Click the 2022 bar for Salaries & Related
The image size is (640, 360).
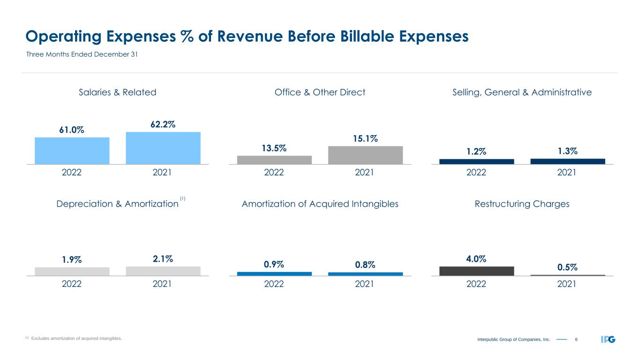pyautogui.click(x=72, y=150)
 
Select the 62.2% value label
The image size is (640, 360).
pyautogui.click(x=163, y=124)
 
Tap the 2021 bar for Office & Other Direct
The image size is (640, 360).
pyautogui.click(x=365, y=155)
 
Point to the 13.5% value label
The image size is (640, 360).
pyautogui.click(x=274, y=148)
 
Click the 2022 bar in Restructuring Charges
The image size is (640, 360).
pyautogui.click(x=476, y=271)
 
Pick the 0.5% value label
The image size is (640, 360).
pyautogui.click(x=567, y=267)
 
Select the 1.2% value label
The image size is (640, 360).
pyautogui.click(x=476, y=151)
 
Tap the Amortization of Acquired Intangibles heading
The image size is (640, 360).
pyautogui.click(x=320, y=204)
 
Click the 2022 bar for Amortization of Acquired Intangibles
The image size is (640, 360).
pyautogui.click(x=274, y=274)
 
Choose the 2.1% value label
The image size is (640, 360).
pyautogui.click(x=163, y=259)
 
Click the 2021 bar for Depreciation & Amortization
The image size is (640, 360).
pyautogui.click(x=163, y=271)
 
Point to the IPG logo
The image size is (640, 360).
pyautogui.click(x=608, y=339)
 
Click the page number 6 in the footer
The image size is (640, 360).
pyautogui.click(x=576, y=339)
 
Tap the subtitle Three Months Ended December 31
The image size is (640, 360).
pyautogui.click(x=81, y=54)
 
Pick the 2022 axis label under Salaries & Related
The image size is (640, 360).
pyautogui.click(x=72, y=172)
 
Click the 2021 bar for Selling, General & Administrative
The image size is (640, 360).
pyautogui.click(x=567, y=161)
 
